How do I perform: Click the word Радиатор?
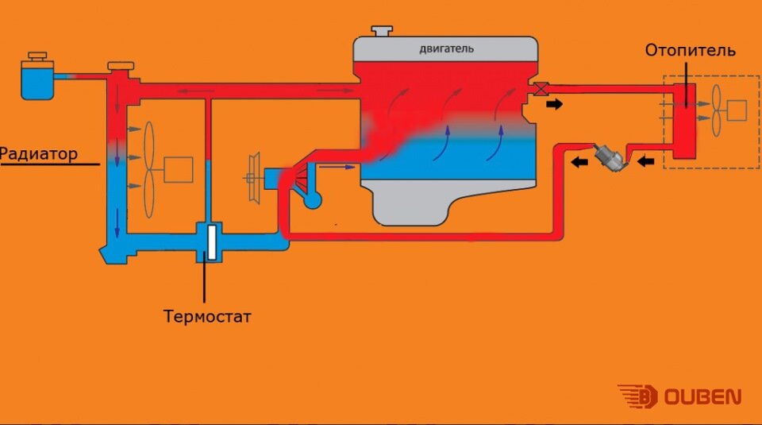(39, 154)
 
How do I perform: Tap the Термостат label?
(207, 316)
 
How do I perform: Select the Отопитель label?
(690, 50)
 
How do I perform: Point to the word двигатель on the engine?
(446, 48)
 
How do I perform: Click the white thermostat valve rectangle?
(211, 242)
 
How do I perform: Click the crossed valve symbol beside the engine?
(541, 89)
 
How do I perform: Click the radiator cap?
(121, 66)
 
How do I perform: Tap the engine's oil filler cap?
(382, 31)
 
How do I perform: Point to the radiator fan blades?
(149, 169)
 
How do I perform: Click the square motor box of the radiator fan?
(179, 170)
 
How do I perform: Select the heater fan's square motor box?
(737, 110)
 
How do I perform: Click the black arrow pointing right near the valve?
(554, 103)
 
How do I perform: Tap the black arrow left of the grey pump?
(579, 162)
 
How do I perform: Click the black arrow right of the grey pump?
(645, 160)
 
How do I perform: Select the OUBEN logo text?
(702, 396)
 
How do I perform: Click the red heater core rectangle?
(685, 121)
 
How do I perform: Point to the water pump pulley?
(254, 177)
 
